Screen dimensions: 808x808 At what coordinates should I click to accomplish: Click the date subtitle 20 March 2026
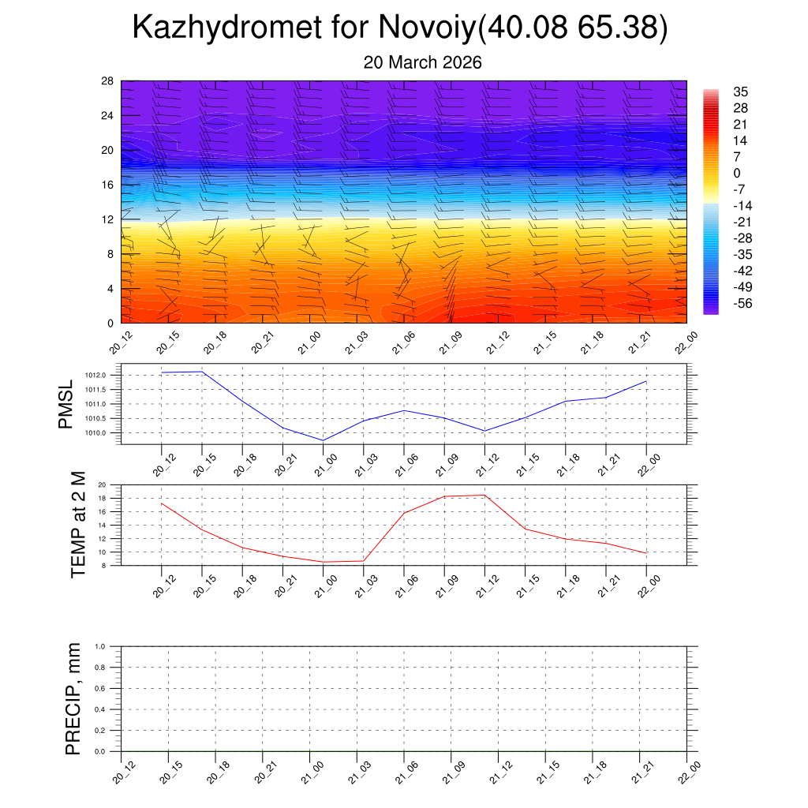pyautogui.click(x=422, y=62)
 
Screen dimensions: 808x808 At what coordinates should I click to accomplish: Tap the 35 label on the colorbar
pyautogui.click(x=740, y=92)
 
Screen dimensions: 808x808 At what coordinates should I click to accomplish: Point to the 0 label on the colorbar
pyautogui.click(x=736, y=173)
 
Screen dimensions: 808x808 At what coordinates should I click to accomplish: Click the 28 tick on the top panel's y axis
pyautogui.click(x=108, y=81)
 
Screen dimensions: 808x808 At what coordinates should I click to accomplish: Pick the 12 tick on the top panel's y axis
pyautogui.click(x=108, y=219)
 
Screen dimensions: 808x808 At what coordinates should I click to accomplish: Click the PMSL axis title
pyautogui.click(x=66, y=404)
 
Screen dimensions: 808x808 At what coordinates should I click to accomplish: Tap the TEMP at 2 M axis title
pyautogui.click(x=77, y=525)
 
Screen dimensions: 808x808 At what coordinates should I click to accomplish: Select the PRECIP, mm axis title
pyautogui.click(x=73, y=698)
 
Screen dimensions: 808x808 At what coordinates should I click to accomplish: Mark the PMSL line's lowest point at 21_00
pyautogui.click(x=323, y=440)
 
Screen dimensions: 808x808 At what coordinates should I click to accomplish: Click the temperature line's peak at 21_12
pyautogui.click(x=484, y=495)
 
